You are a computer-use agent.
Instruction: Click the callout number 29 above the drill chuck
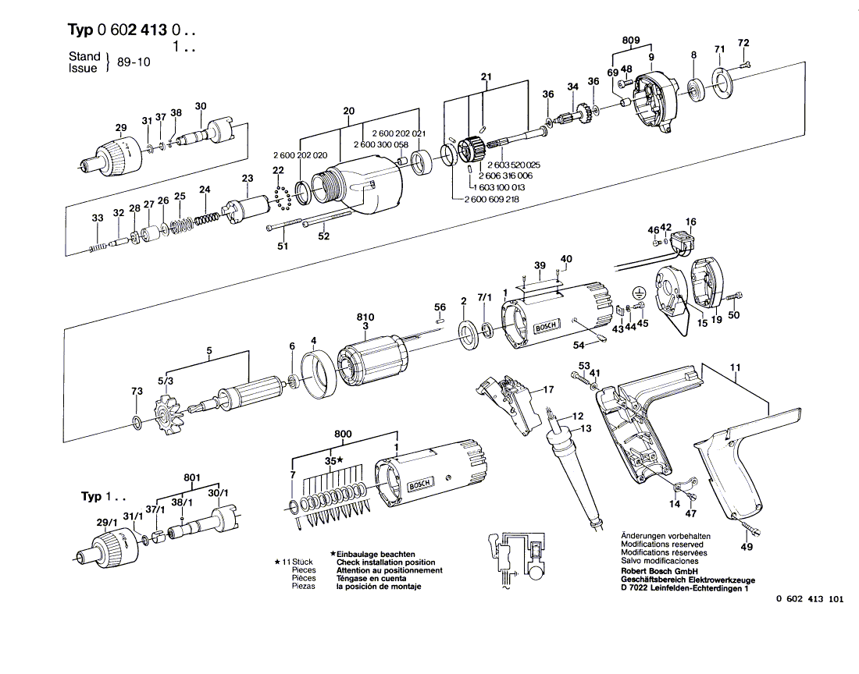121,128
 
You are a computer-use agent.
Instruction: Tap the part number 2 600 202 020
299,155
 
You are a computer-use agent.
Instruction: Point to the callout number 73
137,391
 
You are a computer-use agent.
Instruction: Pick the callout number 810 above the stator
365,317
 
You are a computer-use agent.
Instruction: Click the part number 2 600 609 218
491,199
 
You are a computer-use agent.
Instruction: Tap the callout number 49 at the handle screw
747,547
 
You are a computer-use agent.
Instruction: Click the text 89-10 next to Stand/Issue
134,62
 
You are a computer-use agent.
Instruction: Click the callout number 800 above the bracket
343,435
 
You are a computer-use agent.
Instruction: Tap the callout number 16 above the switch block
691,222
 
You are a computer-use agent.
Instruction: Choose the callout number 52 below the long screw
324,236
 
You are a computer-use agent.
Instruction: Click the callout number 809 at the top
631,41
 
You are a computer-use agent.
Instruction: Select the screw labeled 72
746,65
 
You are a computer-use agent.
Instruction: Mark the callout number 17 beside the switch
548,390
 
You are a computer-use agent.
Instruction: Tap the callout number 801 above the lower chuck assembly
192,478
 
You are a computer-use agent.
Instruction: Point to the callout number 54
579,346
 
